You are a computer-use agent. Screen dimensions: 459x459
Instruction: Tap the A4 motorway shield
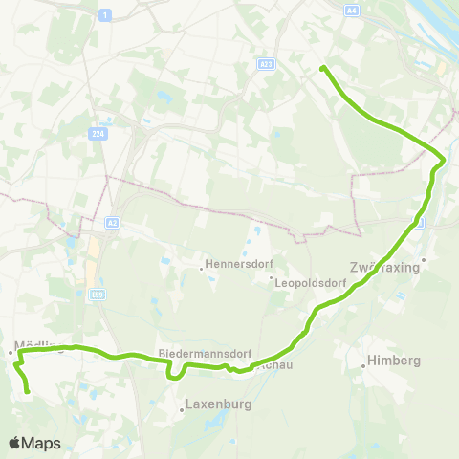click(x=352, y=10)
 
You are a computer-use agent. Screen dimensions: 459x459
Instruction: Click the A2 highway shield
click(x=112, y=223)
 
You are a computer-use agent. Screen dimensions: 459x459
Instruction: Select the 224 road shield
click(x=98, y=135)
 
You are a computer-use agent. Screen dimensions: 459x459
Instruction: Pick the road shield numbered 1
click(x=103, y=13)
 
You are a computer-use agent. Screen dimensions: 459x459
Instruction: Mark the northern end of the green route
click(x=323, y=67)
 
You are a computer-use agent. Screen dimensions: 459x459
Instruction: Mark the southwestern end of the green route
click(x=28, y=391)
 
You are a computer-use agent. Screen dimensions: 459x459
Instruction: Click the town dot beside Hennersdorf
click(x=201, y=268)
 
